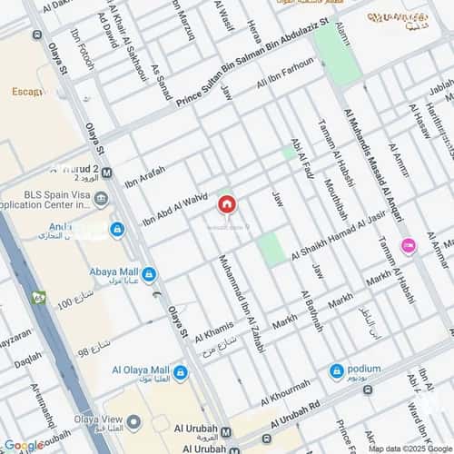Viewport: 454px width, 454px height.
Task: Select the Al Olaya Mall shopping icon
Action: click(x=180, y=371)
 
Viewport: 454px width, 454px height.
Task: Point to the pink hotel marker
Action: click(x=409, y=245)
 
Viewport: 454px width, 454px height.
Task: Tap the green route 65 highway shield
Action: click(x=38, y=297)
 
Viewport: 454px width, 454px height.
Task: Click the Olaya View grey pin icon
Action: click(x=133, y=421)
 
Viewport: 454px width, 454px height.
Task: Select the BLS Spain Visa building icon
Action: click(x=101, y=199)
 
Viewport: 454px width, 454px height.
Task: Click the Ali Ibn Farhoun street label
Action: click(x=286, y=74)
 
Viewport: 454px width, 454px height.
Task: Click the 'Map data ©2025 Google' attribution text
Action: click(x=408, y=449)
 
